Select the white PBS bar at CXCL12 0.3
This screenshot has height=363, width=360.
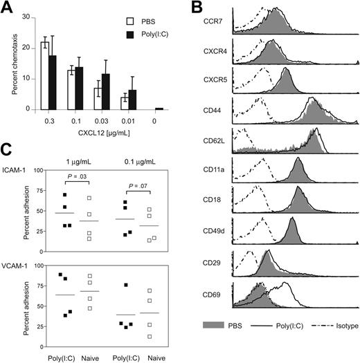[x=45, y=75]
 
